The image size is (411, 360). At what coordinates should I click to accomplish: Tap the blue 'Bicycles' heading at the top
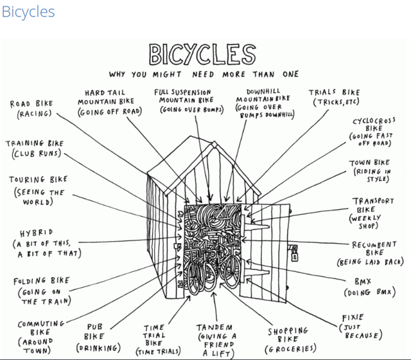pyautogui.click(x=28, y=12)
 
